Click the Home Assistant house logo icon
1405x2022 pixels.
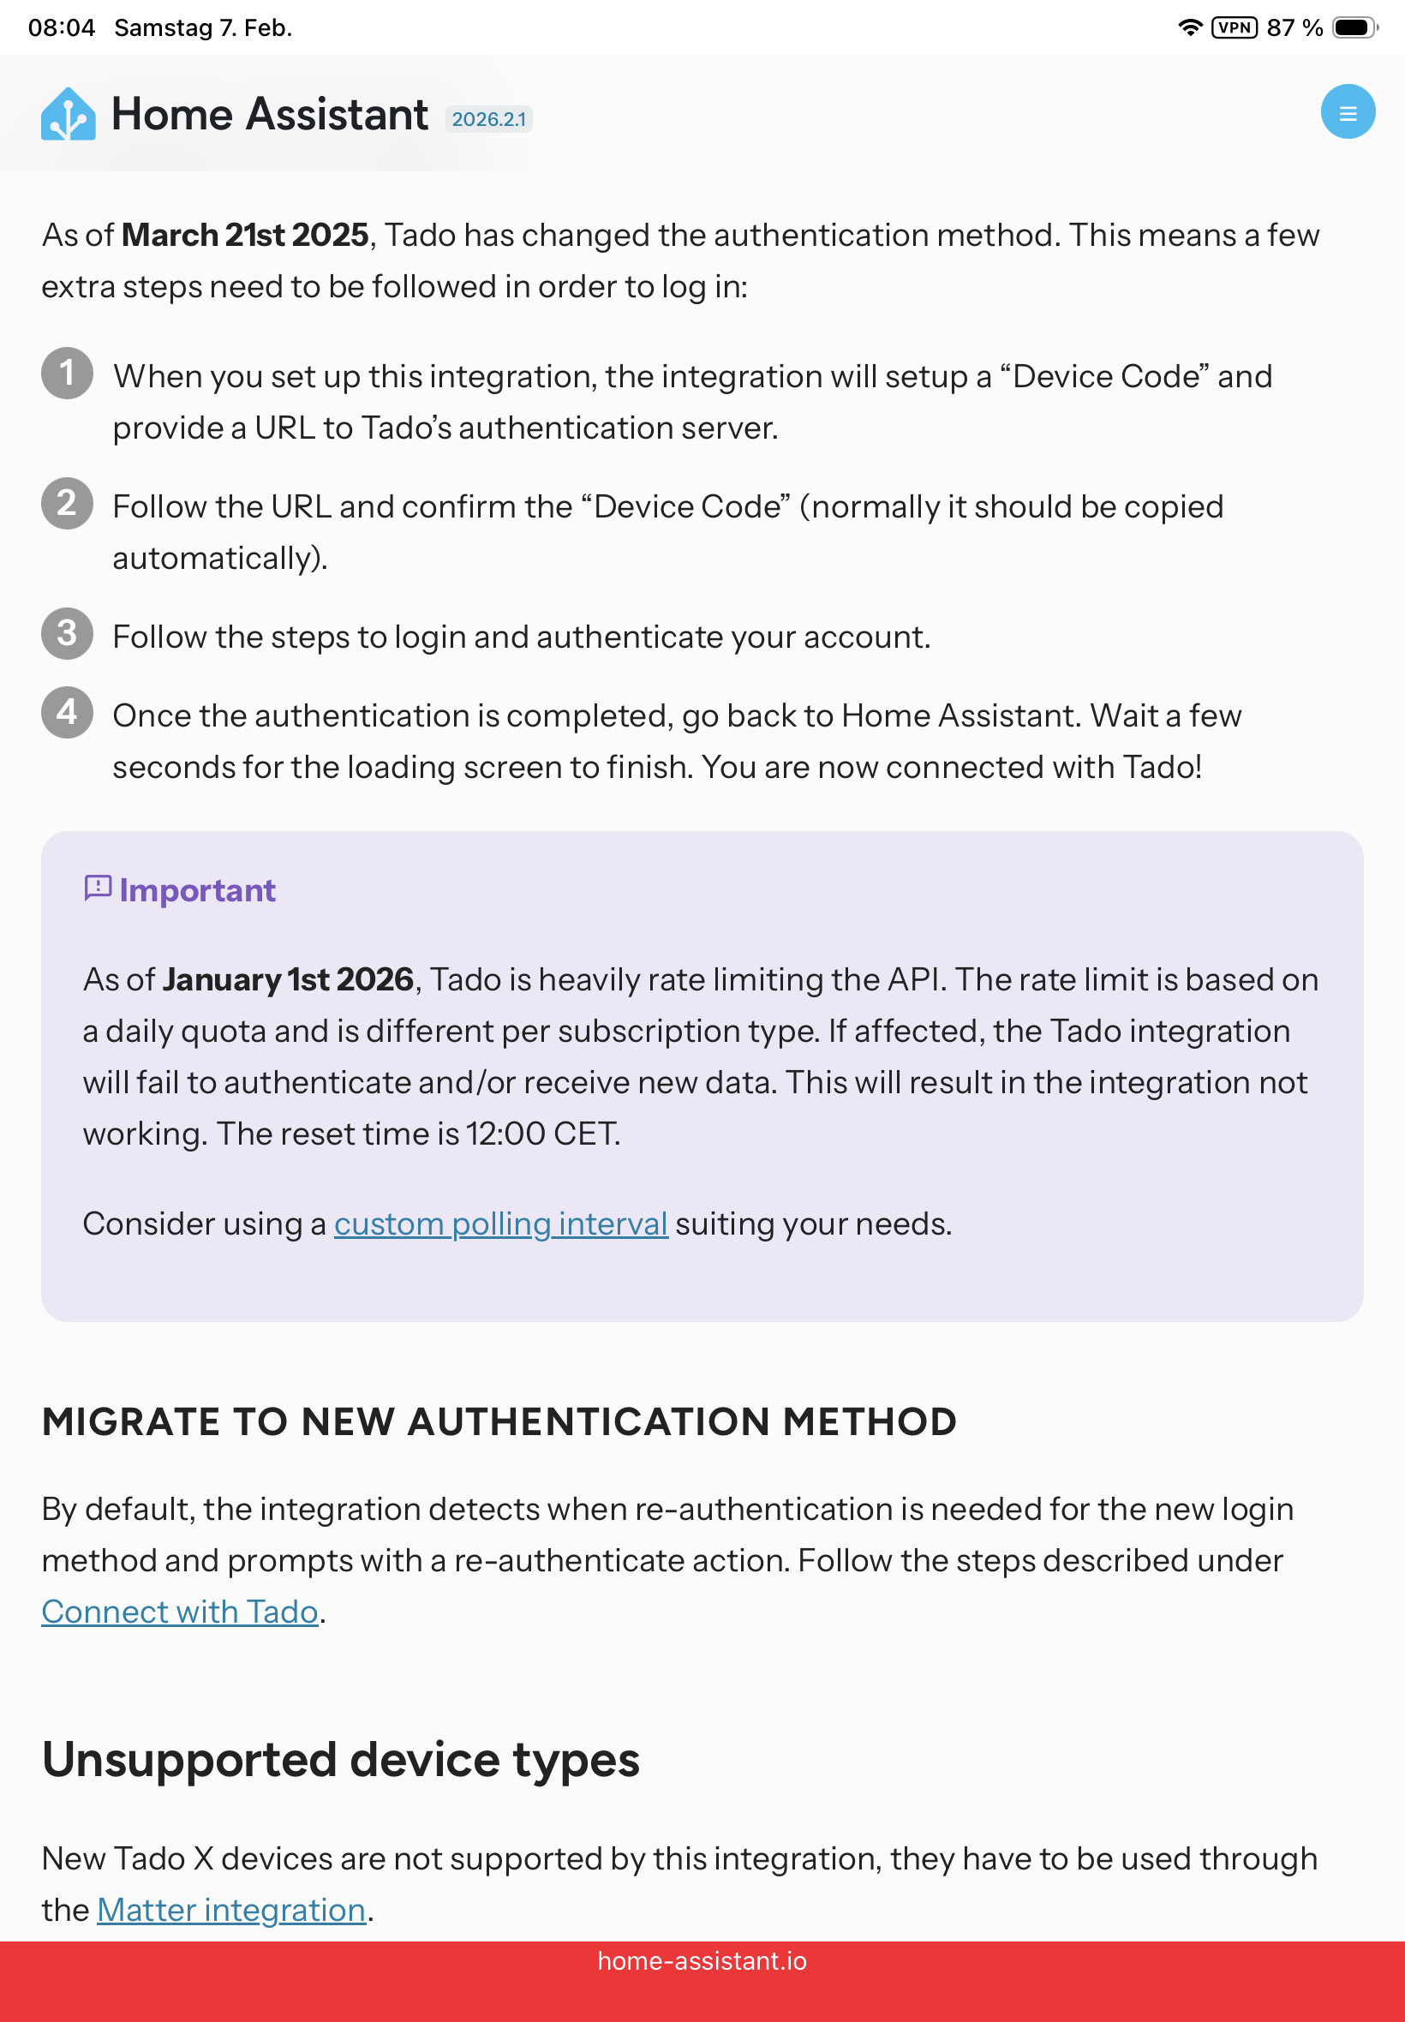tap(68, 115)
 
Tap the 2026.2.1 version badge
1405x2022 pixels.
tap(488, 119)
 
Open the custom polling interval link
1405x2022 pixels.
tap(501, 1223)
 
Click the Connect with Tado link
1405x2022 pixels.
tap(180, 1612)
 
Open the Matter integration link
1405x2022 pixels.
tap(231, 1911)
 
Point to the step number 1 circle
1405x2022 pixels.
tap(67, 373)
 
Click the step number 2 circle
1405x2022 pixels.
tap(67, 503)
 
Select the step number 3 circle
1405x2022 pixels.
tap(67, 633)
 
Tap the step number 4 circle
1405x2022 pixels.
tap(67, 711)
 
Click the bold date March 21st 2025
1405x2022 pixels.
tap(245, 235)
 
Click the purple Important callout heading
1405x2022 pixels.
tap(197, 891)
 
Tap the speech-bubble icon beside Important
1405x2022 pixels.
tap(98, 888)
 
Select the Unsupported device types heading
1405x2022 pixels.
tap(341, 1760)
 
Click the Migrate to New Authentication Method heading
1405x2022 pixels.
tap(499, 1421)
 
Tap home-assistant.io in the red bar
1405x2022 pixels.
tap(702, 1961)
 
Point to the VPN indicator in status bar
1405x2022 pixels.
tap(1235, 27)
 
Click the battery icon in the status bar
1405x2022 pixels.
tap(1354, 27)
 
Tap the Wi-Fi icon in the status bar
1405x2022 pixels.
tap(1189, 27)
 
